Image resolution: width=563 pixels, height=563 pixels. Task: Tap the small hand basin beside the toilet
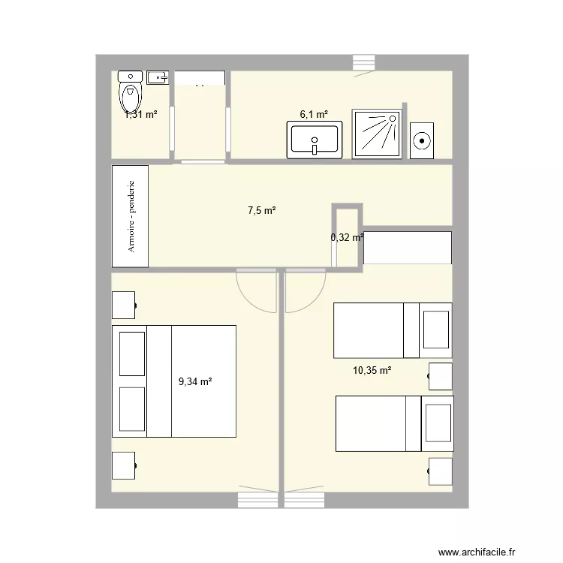point(157,77)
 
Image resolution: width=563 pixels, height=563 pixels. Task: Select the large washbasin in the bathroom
point(314,141)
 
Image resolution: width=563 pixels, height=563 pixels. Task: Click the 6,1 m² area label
point(314,115)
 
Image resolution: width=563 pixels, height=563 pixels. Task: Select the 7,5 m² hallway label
point(262,211)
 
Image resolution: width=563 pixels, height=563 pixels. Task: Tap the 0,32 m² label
point(347,237)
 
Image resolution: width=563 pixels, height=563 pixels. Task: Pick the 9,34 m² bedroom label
point(194,381)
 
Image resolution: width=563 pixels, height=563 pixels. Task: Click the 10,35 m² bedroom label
point(372,370)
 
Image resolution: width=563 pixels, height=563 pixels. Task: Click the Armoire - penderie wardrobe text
point(131,215)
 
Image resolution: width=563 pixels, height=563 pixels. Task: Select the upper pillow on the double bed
point(132,353)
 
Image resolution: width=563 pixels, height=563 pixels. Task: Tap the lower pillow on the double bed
point(132,410)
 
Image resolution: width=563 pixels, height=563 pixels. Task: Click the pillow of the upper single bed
point(436,330)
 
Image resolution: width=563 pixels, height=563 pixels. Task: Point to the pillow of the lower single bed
point(438,424)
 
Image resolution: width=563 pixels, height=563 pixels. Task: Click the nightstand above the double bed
point(124,306)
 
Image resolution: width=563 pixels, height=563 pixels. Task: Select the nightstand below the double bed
point(124,466)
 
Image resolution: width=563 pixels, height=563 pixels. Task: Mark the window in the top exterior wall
point(363,63)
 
